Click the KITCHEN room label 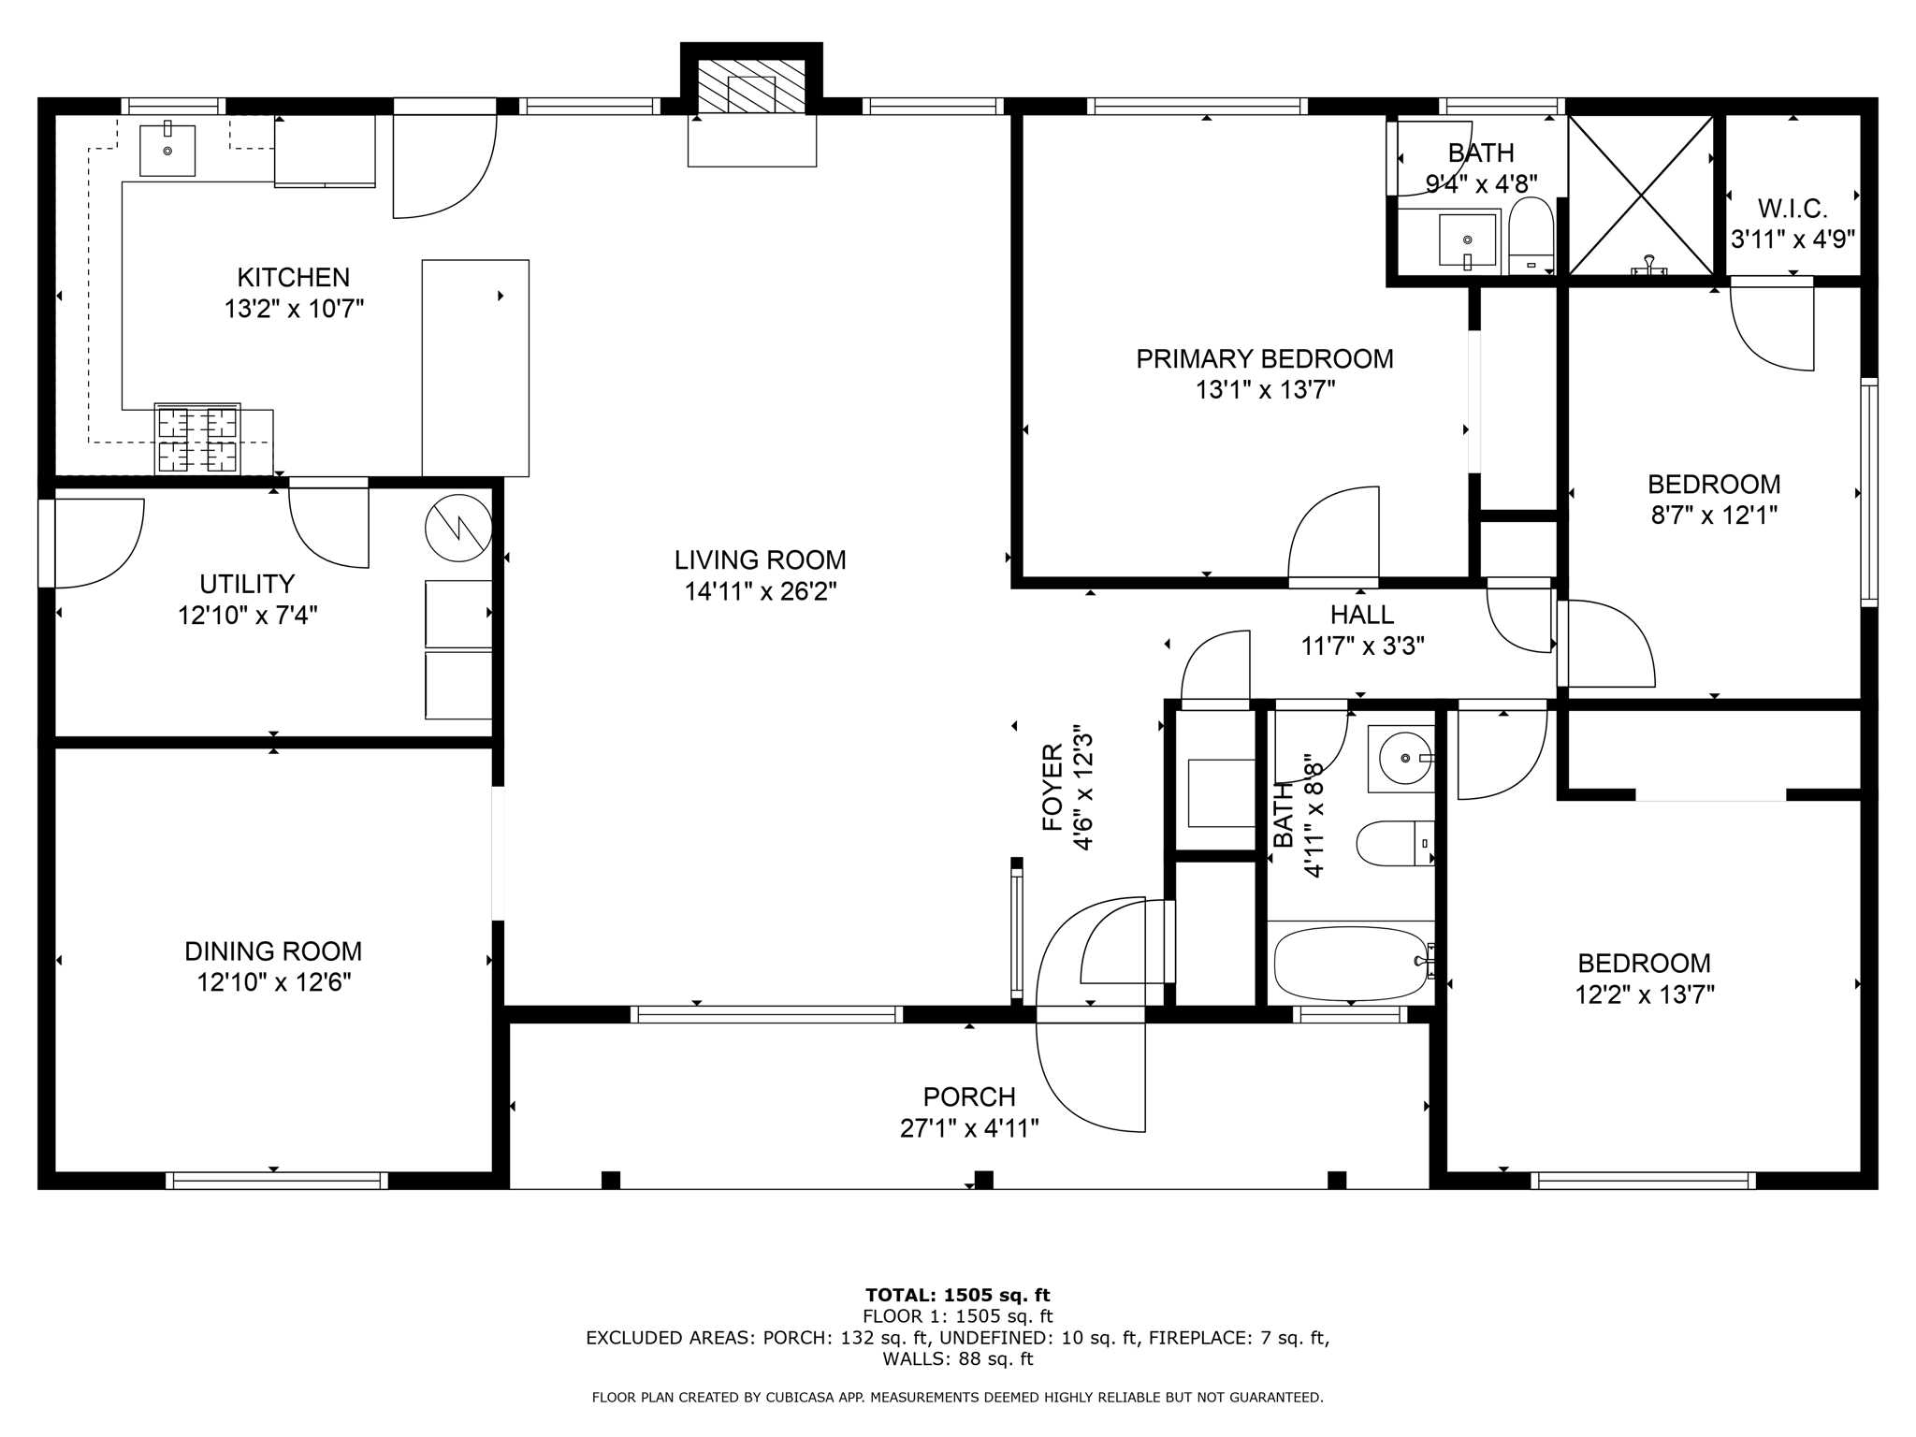coord(293,278)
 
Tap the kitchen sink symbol coord(167,151)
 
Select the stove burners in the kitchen coord(197,440)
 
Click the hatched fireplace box coord(751,87)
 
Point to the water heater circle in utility coord(458,528)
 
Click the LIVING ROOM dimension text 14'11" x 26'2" coord(760,591)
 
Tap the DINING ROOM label coord(273,951)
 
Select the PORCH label coord(969,1096)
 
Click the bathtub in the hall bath coord(1350,963)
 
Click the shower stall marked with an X coord(1642,196)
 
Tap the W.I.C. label coord(1792,209)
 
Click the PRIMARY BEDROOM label coord(1264,359)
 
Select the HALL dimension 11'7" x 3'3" coord(1362,646)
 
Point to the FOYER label coord(1052,788)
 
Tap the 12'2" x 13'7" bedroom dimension coord(1644,994)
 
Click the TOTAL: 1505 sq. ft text coord(957,1295)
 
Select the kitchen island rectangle coord(475,368)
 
